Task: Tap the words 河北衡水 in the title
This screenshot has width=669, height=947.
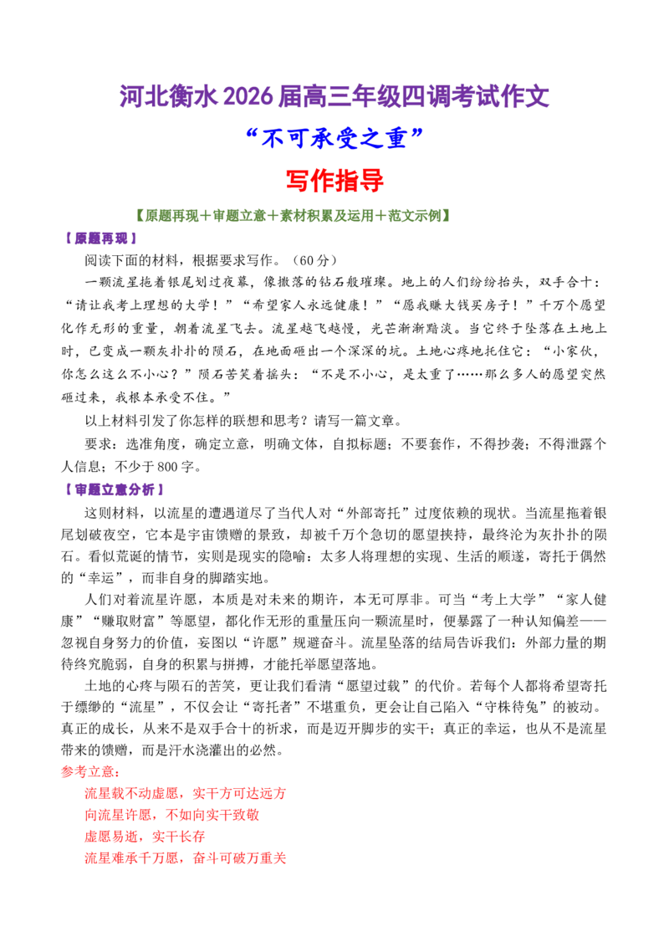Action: tap(169, 97)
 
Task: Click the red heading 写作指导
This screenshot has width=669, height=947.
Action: tap(334, 180)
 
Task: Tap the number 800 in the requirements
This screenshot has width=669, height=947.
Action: tap(167, 467)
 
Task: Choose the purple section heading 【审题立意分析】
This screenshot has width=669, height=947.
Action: tap(115, 489)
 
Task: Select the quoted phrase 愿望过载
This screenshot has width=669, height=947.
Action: tap(373, 686)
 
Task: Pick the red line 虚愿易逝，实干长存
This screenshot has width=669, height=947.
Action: tap(145, 837)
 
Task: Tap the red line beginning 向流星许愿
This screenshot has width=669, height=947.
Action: tap(172, 815)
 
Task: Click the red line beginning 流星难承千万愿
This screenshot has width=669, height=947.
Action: tap(186, 858)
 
